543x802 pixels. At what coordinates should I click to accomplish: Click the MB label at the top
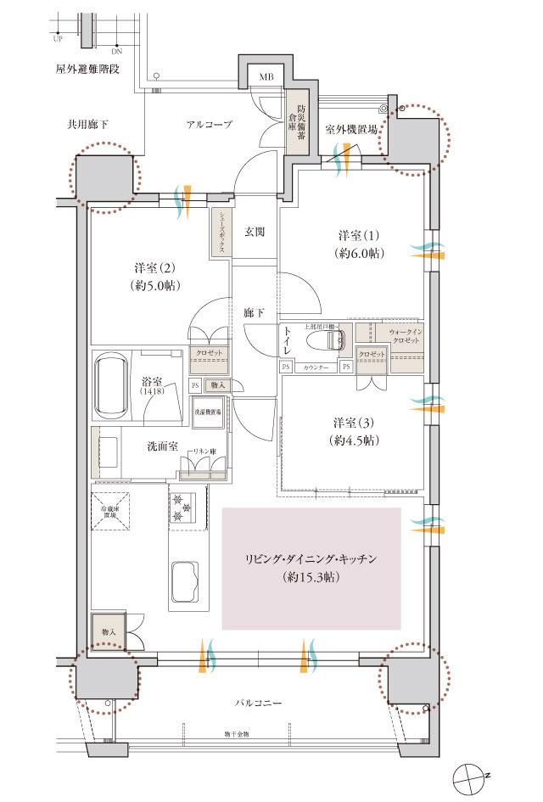point(266,77)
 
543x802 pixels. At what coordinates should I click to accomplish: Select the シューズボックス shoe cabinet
point(220,232)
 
